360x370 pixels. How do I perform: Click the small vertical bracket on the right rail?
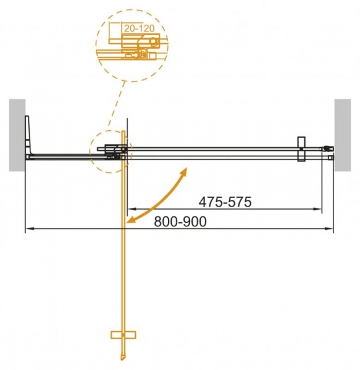[x=301, y=149]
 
